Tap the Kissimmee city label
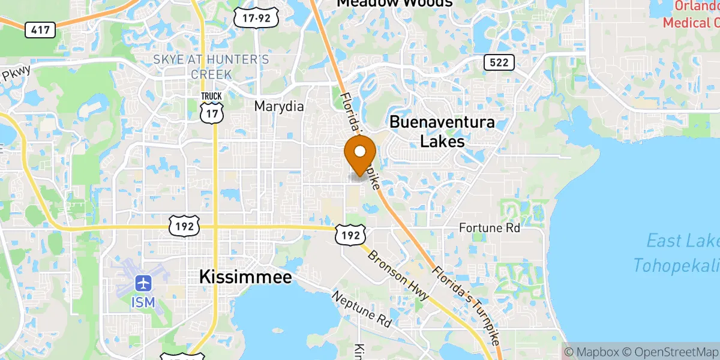pos(245,277)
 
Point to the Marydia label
pos(279,106)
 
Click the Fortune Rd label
pos(489,228)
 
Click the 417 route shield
pos(40,29)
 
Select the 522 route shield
pos(499,62)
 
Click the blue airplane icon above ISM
pos(143,282)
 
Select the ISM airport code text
pos(143,302)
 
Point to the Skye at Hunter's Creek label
pos(211,67)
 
